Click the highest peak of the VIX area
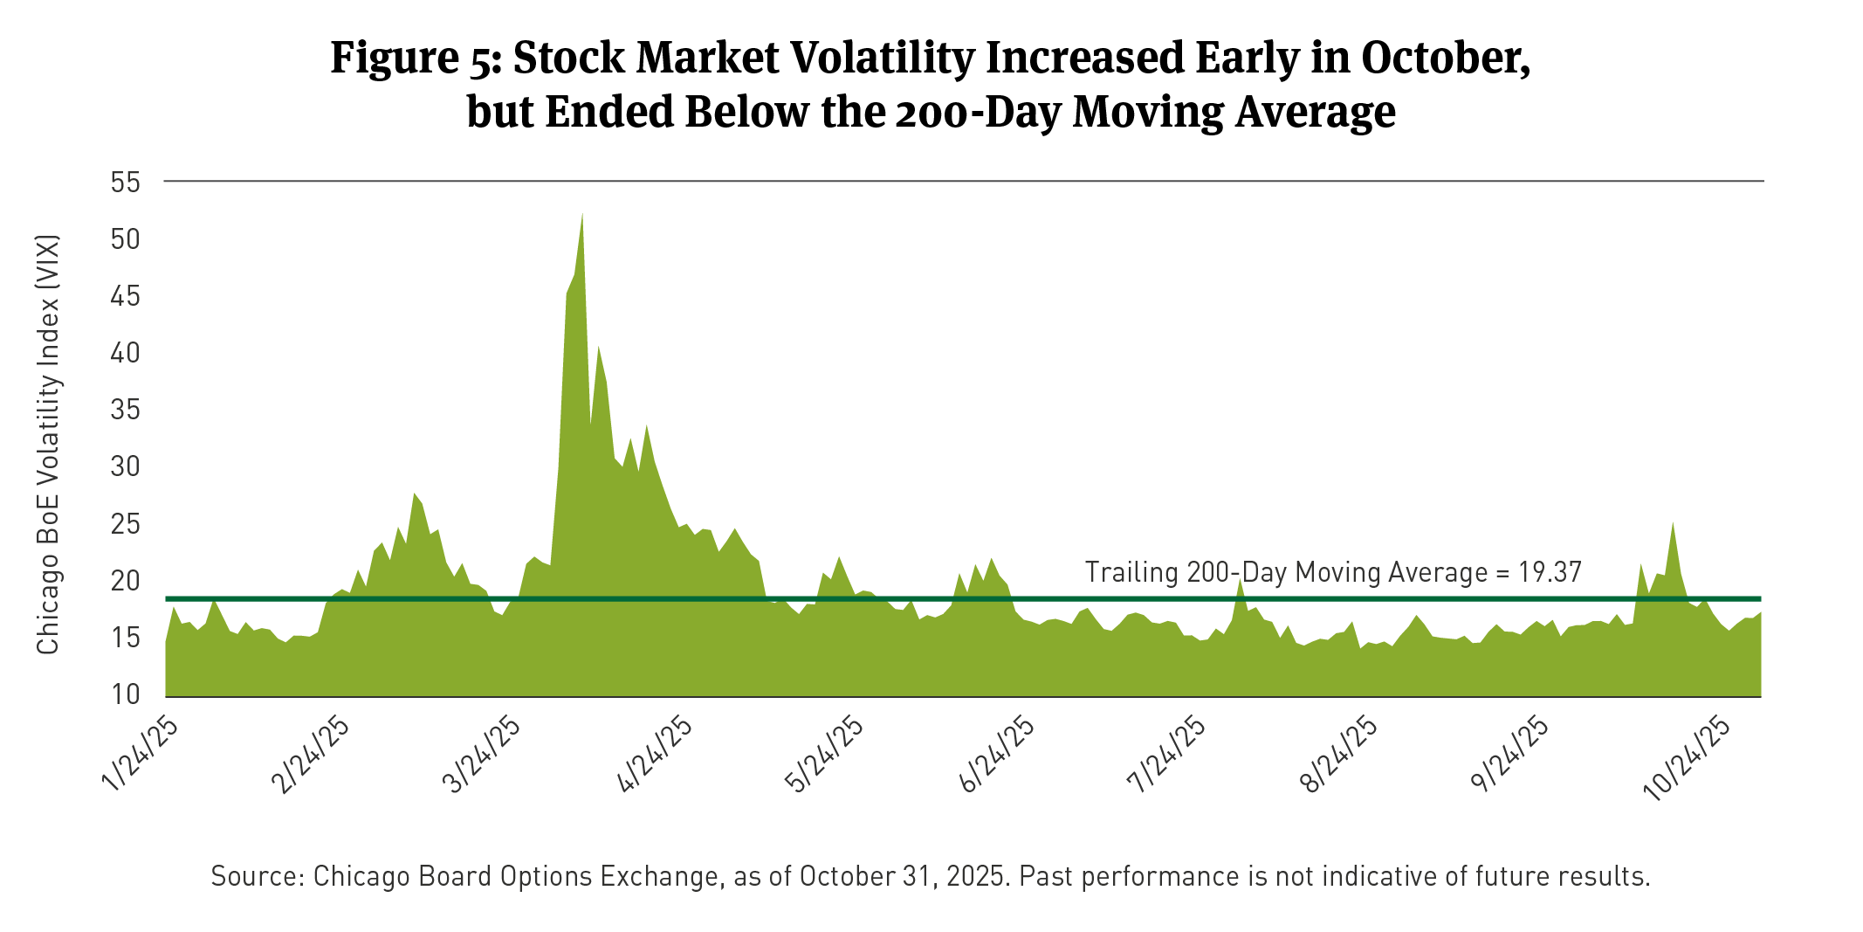pos(582,215)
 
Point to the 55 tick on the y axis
pos(126,183)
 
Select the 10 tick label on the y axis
pos(126,694)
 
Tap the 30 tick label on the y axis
pos(126,466)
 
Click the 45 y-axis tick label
pos(126,296)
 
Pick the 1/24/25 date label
pos(141,754)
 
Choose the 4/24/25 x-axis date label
pos(655,754)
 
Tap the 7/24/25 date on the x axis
pos(1168,754)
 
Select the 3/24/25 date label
pos(483,754)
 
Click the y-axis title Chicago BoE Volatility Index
pos(48,444)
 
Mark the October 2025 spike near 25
pos(1673,524)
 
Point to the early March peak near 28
pos(415,495)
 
